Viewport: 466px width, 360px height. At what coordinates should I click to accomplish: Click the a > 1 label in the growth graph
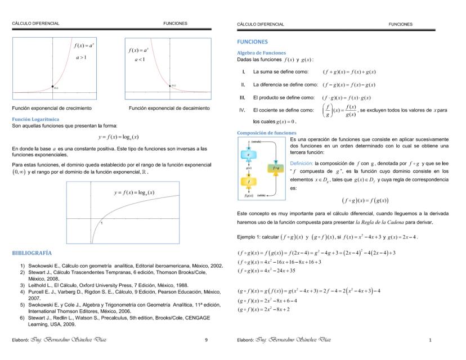81,57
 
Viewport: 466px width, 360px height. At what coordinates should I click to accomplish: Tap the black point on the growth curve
52,86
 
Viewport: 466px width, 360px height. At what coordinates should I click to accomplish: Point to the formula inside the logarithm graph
135,193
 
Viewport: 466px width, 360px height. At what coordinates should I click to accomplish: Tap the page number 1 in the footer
430,340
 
